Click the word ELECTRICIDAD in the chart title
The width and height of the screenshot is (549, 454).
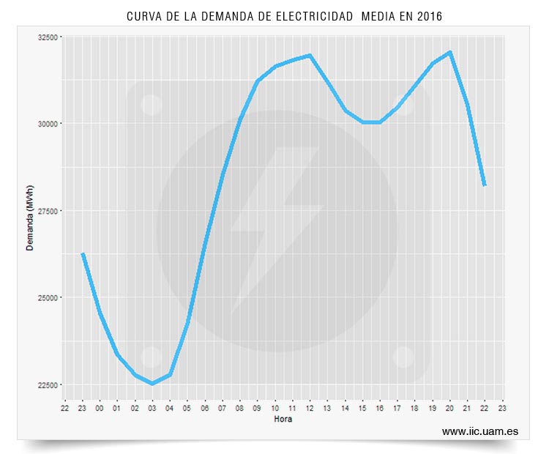click(315, 16)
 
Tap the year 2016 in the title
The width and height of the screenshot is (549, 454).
click(429, 16)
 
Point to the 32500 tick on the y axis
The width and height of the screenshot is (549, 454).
click(48, 37)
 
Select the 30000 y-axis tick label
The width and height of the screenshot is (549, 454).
click(48, 124)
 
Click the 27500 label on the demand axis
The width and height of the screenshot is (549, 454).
click(48, 211)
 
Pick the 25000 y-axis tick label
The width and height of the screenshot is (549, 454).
click(48, 298)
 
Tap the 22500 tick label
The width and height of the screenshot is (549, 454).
click(48, 385)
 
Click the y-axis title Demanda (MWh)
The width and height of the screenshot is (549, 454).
click(30, 218)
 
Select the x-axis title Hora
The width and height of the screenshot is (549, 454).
click(283, 419)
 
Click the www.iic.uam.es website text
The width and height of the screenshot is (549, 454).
click(480, 431)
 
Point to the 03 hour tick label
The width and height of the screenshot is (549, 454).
click(152, 408)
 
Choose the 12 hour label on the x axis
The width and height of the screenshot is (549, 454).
click(310, 408)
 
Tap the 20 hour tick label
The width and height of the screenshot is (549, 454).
click(449, 408)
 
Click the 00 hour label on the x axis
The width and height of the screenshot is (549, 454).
click(100, 408)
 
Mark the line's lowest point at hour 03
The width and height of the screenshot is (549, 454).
click(152, 383)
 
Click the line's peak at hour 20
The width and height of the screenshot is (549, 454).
click(450, 53)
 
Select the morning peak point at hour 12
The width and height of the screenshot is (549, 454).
click(310, 56)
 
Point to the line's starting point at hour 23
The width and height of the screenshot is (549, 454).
click(83, 253)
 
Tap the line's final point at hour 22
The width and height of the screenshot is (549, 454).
click(485, 185)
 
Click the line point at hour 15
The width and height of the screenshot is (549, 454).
click(363, 122)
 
